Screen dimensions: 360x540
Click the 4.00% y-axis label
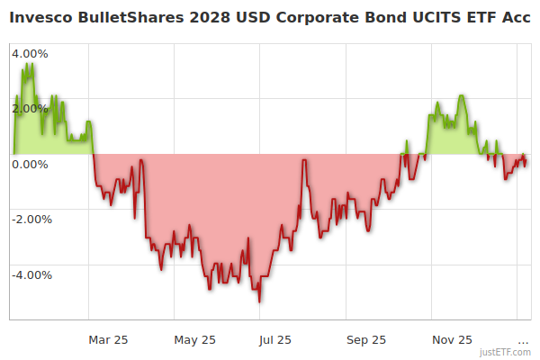tap(30, 52)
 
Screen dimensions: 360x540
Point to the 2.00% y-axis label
tap(30, 108)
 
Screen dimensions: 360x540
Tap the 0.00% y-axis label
tap(30, 164)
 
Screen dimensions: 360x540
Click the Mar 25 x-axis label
tap(108, 339)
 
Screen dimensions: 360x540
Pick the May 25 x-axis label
tap(195, 339)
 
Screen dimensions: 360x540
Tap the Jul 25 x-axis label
tap(275, 339)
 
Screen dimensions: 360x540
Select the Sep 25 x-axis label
tap(366, 339)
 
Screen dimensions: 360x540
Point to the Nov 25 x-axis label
tap(452, 339)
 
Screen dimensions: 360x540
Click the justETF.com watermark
tap(505, 352)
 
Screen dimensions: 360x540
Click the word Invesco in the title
tap(41, 15)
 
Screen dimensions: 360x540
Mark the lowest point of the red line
tap(259, 301)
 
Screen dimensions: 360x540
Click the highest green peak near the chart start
tap(31, 64)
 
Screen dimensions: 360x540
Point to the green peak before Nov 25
tap(461, 95)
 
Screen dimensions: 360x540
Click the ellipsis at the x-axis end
tap(523, 340)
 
